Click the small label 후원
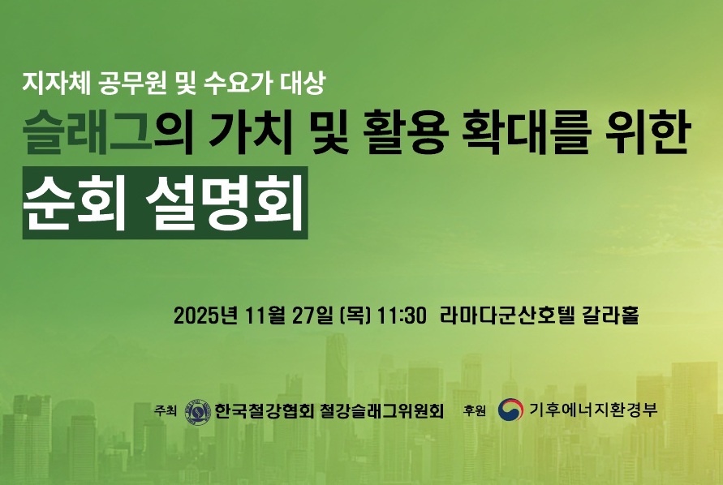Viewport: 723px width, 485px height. click(474, 411)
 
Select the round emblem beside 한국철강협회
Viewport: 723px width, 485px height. click(198, 410)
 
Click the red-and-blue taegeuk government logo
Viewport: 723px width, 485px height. click(510, 410)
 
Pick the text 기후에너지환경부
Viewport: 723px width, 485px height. click(592, 410)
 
